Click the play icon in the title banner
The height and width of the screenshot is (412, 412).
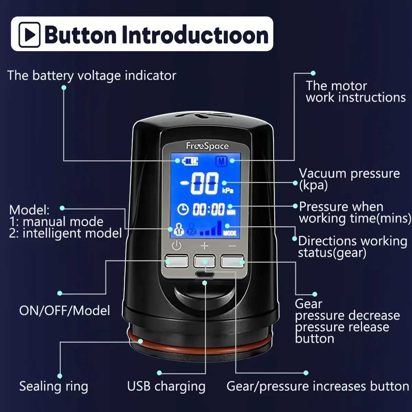30,34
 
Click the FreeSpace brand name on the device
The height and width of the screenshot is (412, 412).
207,146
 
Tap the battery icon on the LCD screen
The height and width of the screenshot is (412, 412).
191,161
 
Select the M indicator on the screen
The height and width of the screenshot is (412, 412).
221,161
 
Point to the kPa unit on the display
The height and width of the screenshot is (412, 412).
228,191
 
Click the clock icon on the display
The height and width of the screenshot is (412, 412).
183,209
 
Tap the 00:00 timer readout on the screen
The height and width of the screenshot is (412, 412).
208,209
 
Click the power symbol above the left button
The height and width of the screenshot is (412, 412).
176,246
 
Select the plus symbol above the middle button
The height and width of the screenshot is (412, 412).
204,246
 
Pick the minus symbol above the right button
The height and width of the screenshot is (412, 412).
232,246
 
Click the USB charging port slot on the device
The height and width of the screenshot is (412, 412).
205,274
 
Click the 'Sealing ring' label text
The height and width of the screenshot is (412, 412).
54,386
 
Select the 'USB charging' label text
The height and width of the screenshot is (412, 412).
166,386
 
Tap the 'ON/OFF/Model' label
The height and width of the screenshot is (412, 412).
65,310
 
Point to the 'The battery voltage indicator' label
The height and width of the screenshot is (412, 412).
92,76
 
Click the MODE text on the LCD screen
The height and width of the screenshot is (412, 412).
230,233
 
